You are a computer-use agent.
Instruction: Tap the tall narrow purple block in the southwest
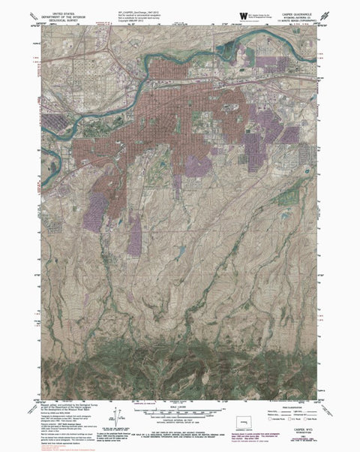click(x=134, y=236)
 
